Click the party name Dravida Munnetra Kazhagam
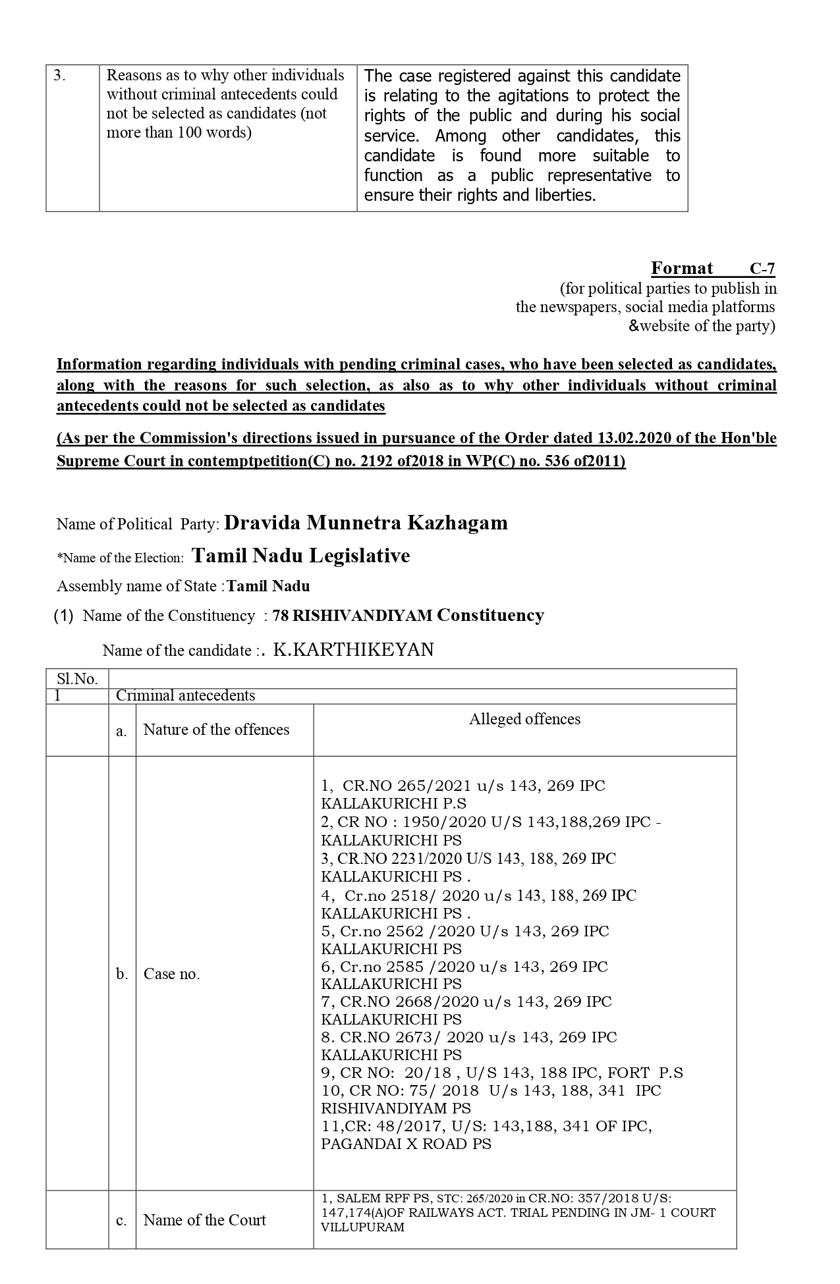point(366,523)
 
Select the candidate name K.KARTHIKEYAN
point(353,650)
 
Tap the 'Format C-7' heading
point(712,268)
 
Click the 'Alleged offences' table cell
point(524,719)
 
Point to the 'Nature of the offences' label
point(216,730)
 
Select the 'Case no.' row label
point(171,974)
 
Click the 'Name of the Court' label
point(204,1220)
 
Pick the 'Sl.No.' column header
point(77,679)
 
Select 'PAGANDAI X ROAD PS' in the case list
point(406,1144)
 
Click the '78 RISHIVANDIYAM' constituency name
point(352,616)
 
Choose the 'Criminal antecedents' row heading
point(185,695)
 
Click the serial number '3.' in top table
point(59,75)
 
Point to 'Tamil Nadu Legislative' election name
point(300,556)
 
